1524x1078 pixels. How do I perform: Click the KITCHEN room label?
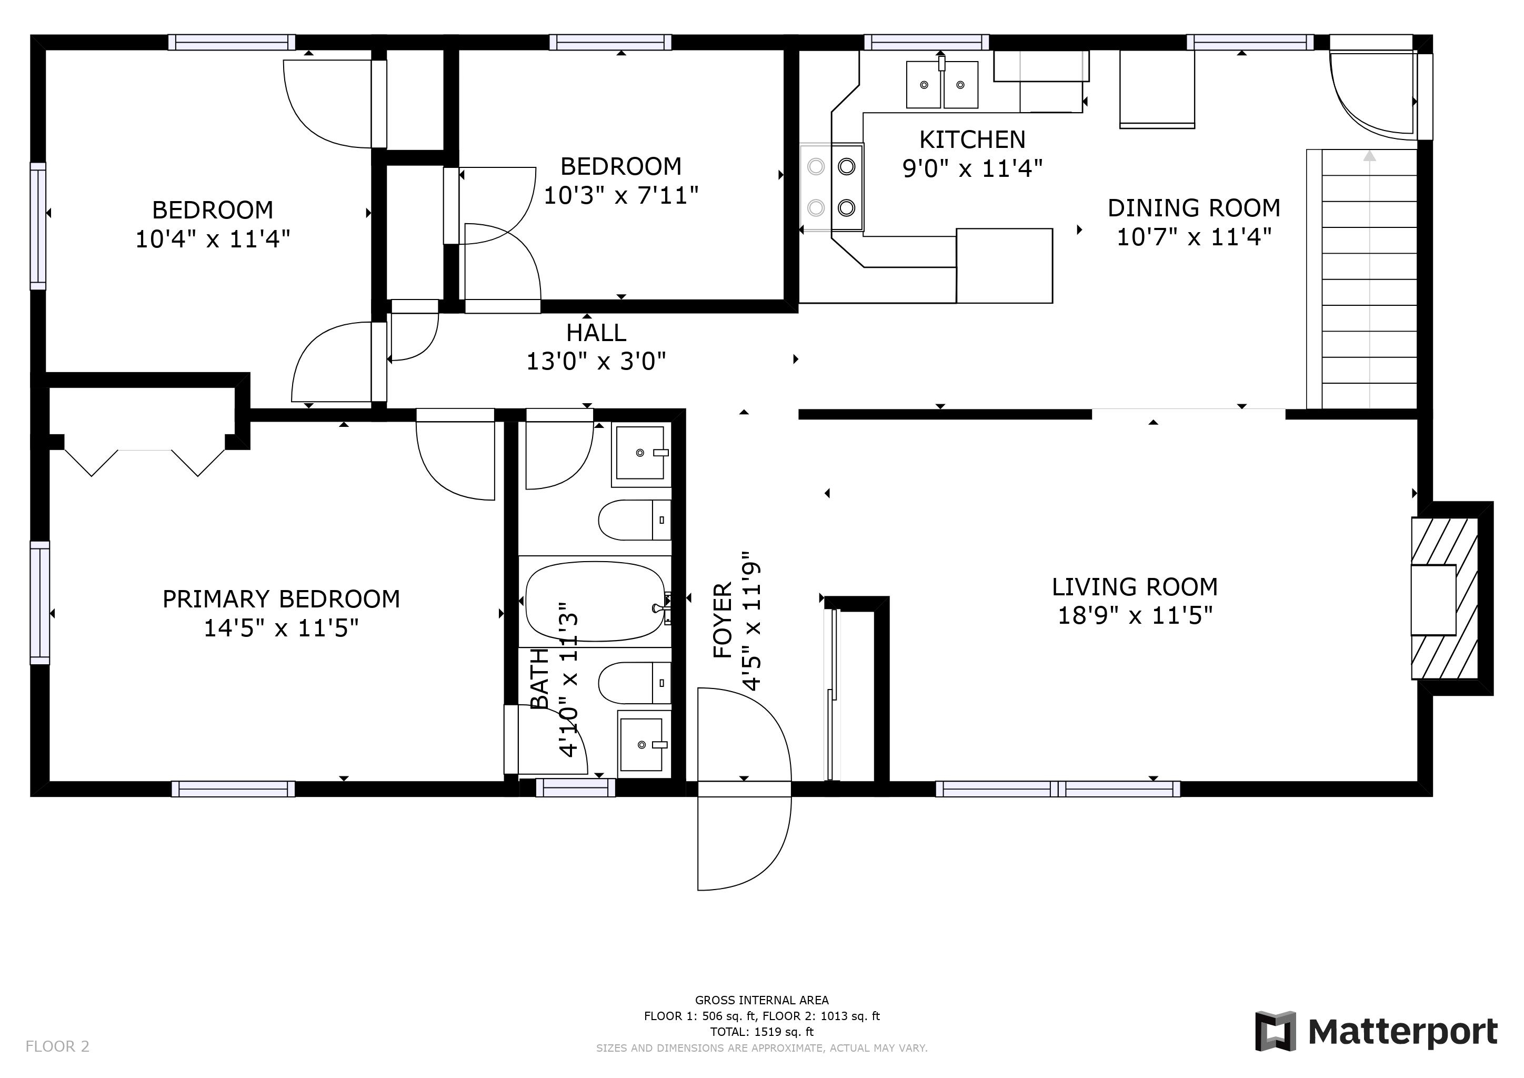[x=972, y=140]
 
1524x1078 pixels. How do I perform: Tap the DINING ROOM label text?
[x=1194, y=208]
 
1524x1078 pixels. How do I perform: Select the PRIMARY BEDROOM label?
[x=282, y=600]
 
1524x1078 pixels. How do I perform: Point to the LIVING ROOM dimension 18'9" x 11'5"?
[x=1135, y=615]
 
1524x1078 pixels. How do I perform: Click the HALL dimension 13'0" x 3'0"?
[x=596, y=361]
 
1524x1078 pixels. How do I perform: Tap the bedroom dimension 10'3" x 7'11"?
[x=621, y=195]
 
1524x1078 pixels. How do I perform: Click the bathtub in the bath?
[x=595, y=602]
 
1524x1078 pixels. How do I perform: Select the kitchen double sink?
[x=943, y=84]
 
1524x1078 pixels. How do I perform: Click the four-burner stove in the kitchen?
[x=831, y=187]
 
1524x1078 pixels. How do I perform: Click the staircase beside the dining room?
[x=1362, y=279]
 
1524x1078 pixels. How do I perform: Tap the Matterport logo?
[x=1376, y=1032]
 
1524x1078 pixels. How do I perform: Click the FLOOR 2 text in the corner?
[x=57, y=1047]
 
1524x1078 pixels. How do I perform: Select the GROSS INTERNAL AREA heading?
[x=762, y=1000]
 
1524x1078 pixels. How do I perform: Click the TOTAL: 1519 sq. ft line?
[x=762, y=1032]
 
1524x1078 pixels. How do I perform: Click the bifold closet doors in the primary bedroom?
[x=145, y=462]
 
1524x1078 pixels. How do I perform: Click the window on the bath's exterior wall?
[x=576, y=788]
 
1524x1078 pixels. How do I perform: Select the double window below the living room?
[x=1058, y=788]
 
